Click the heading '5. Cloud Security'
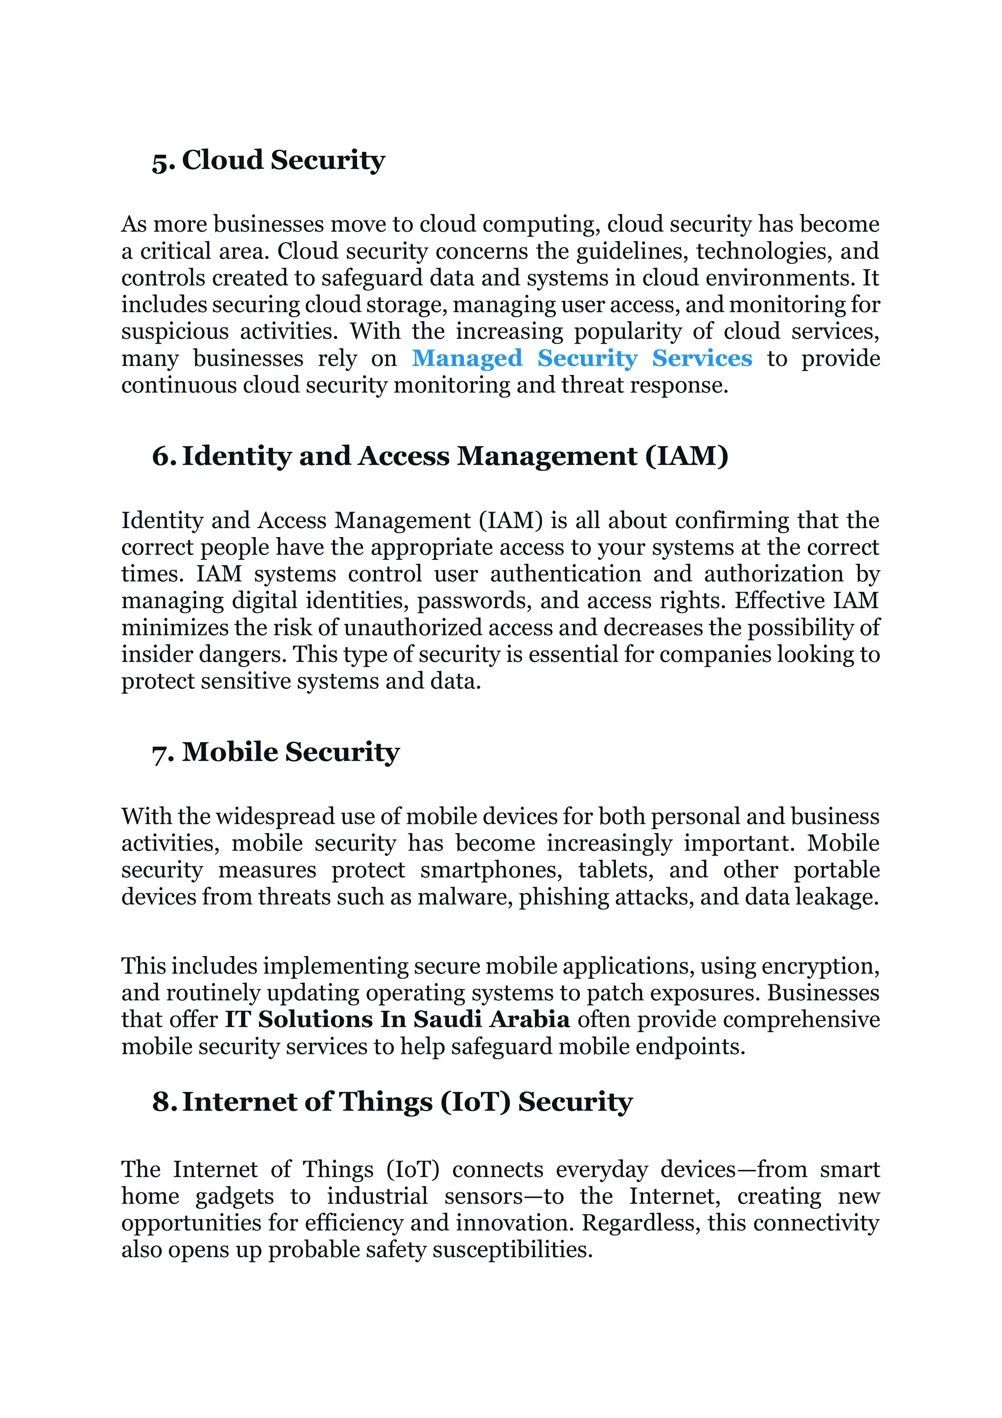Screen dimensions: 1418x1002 pos(269,161)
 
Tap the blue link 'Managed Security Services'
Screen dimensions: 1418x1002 pos(582,358)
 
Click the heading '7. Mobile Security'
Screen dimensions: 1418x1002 pos(275,752)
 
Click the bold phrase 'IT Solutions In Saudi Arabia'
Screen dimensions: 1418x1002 pos(396,1020)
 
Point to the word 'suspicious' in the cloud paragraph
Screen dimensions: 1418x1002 pos(175,332)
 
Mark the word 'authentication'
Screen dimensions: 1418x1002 pos(566,574)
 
